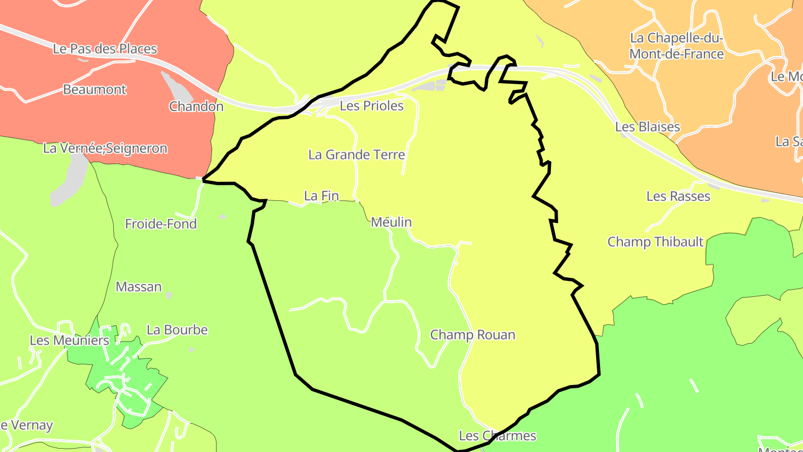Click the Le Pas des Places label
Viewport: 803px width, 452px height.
point(105,49)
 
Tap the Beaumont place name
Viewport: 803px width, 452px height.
point(95,89)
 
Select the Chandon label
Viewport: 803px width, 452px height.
point(196,107)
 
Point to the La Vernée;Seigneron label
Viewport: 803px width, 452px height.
point(105,148)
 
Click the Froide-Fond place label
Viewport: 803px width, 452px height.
point(161,224)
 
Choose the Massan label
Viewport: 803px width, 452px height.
point(139,287)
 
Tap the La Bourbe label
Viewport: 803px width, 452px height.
point(177,330)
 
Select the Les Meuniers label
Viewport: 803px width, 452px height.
point(69,340)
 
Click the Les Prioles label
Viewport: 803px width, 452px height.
point(371,106)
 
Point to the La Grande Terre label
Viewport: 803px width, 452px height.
point(356,155)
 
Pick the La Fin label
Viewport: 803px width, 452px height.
point(321,196)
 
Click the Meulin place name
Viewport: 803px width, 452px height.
point(391,223)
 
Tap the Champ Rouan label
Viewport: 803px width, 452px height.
point(472,335)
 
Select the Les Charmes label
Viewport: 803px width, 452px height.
point(497,436)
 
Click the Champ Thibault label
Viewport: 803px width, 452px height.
point(655,242)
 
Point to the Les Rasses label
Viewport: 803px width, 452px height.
point(678,196)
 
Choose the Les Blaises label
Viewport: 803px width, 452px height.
point(647,127)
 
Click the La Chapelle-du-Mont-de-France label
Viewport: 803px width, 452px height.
point(676,46)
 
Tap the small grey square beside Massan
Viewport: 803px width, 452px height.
point(168,295)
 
